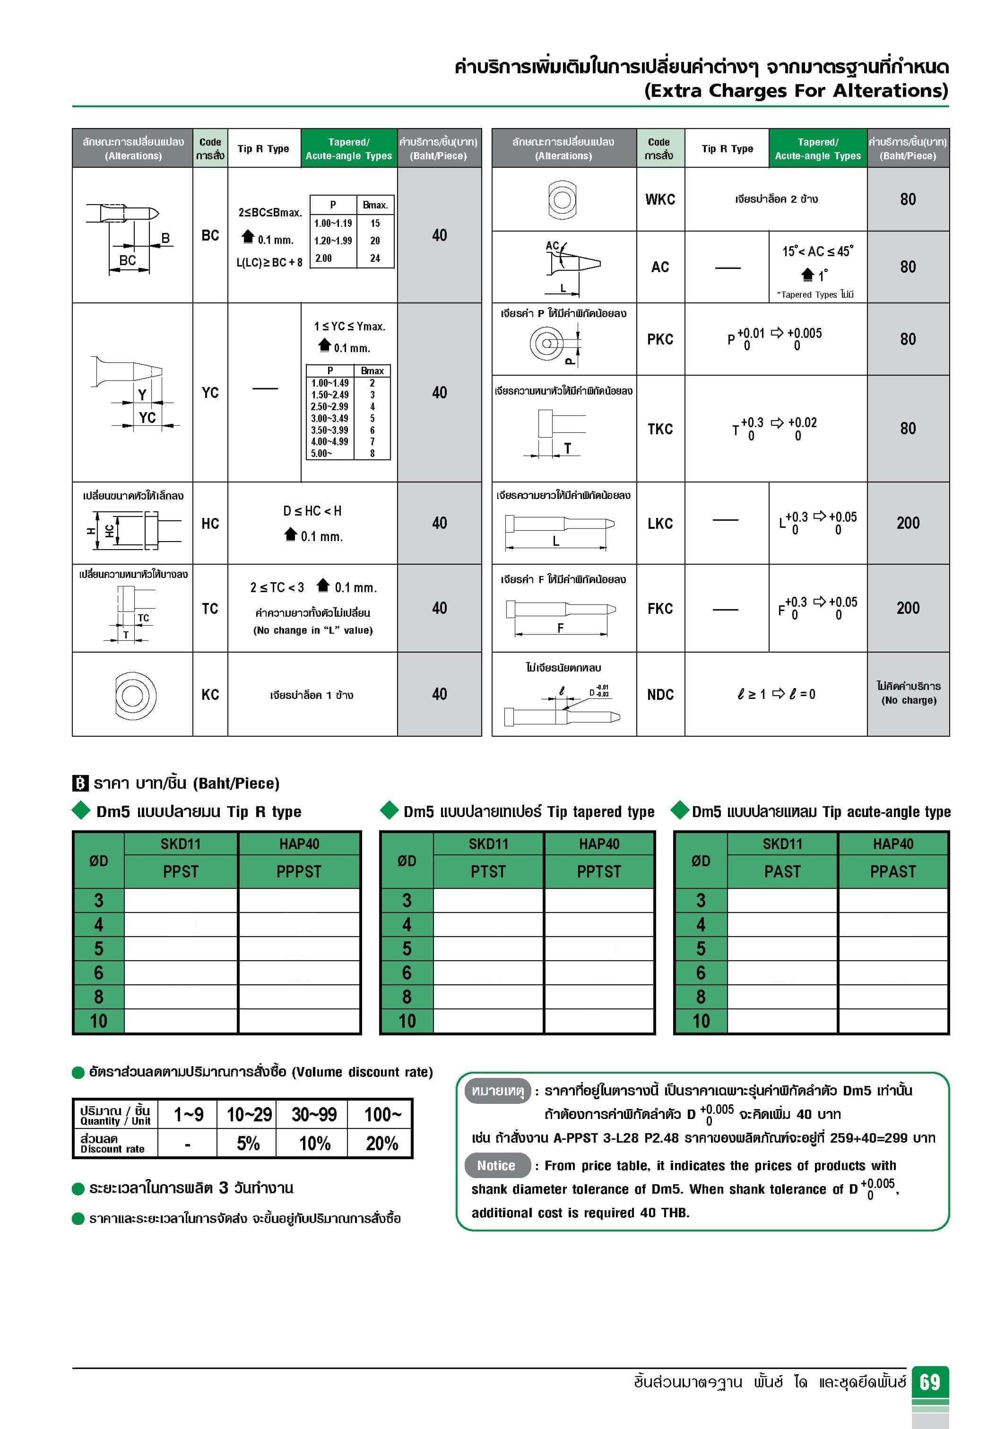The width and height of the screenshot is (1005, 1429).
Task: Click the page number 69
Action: point(930,1382)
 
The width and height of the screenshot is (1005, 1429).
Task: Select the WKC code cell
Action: point(660,199)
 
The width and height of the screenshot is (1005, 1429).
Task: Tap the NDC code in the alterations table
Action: point(660,695)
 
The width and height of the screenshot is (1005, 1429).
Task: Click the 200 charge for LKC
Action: point(908,523)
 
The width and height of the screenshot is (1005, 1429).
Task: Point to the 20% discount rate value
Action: point(381,1143)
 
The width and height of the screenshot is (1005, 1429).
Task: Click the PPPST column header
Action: point(299,871)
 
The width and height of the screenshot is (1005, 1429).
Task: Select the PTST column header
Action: point(488,871)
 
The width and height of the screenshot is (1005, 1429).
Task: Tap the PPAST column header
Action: point(893,871)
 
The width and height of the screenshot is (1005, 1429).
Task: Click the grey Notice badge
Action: point(496,1166)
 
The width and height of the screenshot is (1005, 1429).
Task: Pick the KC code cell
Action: point(210,695)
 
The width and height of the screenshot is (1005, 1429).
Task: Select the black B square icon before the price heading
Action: point(80,783)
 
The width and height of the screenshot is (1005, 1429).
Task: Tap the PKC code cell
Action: point(660,339)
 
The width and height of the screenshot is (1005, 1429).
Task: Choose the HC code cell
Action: point(210,524)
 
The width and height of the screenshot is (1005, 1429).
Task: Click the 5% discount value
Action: point(248,1143)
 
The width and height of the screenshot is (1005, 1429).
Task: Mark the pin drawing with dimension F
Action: point(561,616)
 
